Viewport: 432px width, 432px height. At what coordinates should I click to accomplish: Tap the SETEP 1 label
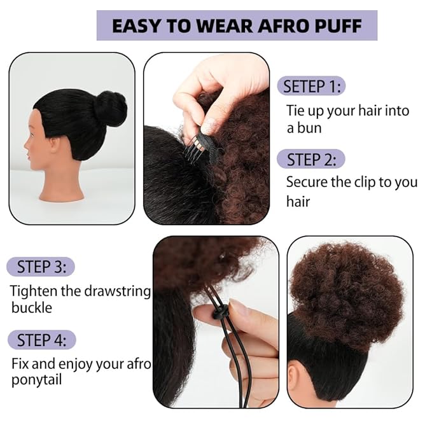(312, 86)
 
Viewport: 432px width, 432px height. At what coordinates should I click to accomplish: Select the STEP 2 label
(312, 159)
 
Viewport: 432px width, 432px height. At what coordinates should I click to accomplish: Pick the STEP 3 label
(42, 266)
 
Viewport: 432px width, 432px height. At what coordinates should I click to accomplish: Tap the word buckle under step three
(32, 308)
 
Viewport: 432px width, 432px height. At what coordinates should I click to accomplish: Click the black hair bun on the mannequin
(111, 108)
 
